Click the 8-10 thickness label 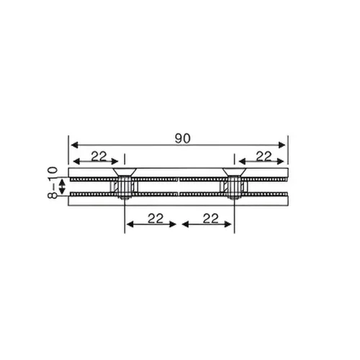[52, 186]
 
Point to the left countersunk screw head [124, 174]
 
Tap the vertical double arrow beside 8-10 [63, 187]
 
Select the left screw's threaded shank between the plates [124, 189]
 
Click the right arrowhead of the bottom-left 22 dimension [174, 224]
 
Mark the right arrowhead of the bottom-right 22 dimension [231, 224]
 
